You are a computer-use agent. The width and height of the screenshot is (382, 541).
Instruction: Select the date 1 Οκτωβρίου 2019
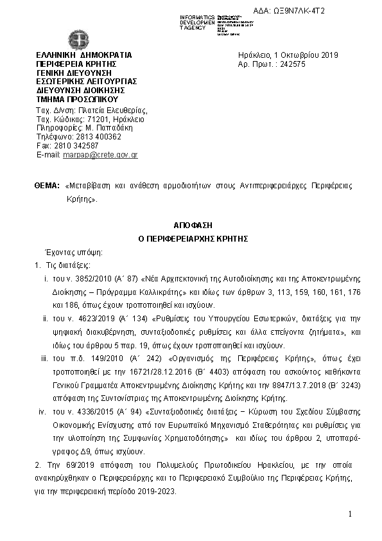pyautogui.click(x=297, y=55)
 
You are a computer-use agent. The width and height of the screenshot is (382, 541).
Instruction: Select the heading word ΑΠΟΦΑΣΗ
pyautogui.click(x=193, y=226)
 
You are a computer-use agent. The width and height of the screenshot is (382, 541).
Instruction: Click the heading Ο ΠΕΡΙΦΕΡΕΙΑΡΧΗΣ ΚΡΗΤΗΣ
pyautogui.click(x=193, y=238)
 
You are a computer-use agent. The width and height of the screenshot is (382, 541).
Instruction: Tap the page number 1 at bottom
pyautogui.click(x=351, y=515)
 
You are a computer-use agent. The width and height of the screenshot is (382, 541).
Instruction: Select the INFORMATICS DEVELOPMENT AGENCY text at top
pyautogui.click(x=198, y=22)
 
